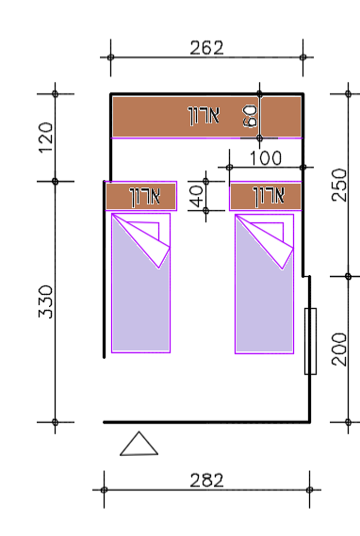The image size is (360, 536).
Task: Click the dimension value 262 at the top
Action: tap(206, 47)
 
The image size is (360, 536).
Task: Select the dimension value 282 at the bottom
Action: tap(206, 480)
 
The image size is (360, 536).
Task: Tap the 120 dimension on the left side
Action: tap(46, 138)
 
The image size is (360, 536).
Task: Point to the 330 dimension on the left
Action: tap(46, 301)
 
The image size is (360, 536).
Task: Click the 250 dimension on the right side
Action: tap(339, 185)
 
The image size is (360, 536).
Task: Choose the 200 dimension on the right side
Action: tap(339, 349)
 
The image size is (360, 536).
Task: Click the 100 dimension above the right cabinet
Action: tap(266, 158)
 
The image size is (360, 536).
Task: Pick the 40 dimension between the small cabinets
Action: tap(196, 196)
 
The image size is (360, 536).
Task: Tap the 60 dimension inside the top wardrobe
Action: tap(250, 116)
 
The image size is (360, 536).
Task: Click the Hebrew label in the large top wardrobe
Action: tap(204, 116)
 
